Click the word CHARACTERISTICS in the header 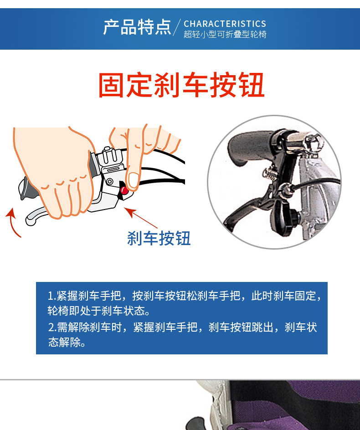[x=225, y=24]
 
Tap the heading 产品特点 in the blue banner [x=137, y=27]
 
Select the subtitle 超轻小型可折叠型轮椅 [x=225, y=34]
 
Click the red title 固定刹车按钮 [x=181, y=85]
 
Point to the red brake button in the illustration [x=124, y=190]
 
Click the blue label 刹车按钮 [x=159, y=238]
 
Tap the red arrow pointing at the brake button [x=141, y=218]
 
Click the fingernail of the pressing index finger [x=134, y=180]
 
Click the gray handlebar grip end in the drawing [x=26, y=188]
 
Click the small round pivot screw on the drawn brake [x=110, y=181]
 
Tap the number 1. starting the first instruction [x=52, y=296]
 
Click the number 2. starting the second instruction [x=52, y=327]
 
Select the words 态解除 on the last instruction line [x=65, y=342]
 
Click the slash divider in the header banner [x=177, y=27]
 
